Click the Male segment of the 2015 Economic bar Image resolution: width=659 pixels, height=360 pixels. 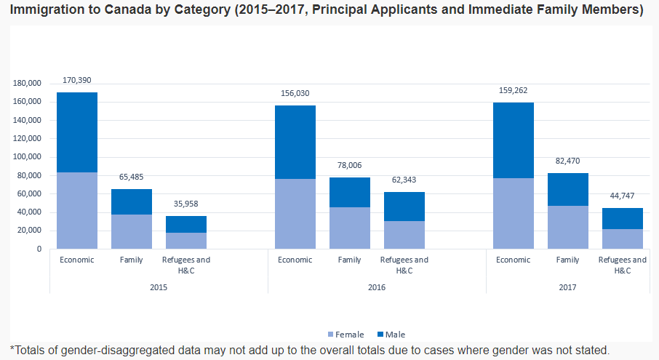(x=76, y=132)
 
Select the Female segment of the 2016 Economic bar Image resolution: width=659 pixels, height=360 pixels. (x=295, y=214)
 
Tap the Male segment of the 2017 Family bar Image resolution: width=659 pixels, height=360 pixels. (x=567, y=189)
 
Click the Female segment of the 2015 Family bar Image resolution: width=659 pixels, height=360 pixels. (x=131, y=231)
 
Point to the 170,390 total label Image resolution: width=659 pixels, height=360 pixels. (x=76, y=80)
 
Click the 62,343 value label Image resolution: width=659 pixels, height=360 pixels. (x=404, y=180)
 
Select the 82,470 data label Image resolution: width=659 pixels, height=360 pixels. (x=567, y=161)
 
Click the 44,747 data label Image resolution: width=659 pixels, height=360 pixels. (x=622, y=196)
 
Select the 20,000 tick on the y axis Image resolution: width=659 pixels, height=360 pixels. (x=30, y=231)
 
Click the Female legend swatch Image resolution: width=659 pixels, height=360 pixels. (x=331, y=335)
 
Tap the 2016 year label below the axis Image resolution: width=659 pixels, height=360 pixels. (x=377, y=287)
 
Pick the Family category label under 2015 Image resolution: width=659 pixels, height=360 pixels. (x=131, y=260)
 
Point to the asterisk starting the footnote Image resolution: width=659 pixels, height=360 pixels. (x=12, y=349)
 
